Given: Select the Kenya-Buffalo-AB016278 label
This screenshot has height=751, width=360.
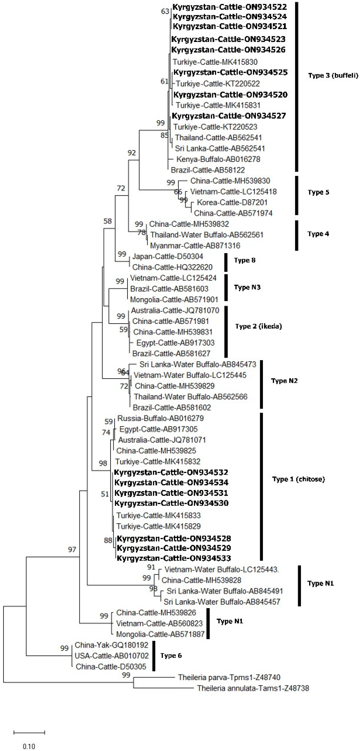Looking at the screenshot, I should (x=218, y=159).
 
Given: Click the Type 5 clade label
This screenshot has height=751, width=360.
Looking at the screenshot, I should (x=318, y=192).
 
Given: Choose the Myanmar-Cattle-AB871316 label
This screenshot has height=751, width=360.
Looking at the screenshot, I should (x=195, y=245).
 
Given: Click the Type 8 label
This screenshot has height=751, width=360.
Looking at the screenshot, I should (x=245, y=260).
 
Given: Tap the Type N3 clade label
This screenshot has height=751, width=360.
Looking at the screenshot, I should (x=247, y=287).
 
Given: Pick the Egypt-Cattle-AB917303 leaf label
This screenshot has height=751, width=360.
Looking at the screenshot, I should (x=175, y=343).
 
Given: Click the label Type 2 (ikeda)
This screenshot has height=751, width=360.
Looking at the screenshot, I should (x=259, y=326).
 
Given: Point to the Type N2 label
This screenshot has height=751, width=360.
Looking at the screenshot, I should (x=284, y=381).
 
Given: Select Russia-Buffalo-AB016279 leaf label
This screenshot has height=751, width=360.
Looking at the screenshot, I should (x=160, y=418).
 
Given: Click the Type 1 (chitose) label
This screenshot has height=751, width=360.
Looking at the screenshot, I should (x=298, y=479).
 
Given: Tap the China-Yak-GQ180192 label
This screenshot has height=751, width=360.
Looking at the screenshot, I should (x=111, y=645).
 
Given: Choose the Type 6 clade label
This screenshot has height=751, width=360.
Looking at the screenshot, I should (x=171, y=656).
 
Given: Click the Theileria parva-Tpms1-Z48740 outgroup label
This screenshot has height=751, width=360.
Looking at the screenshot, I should (x=229, y=677).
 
